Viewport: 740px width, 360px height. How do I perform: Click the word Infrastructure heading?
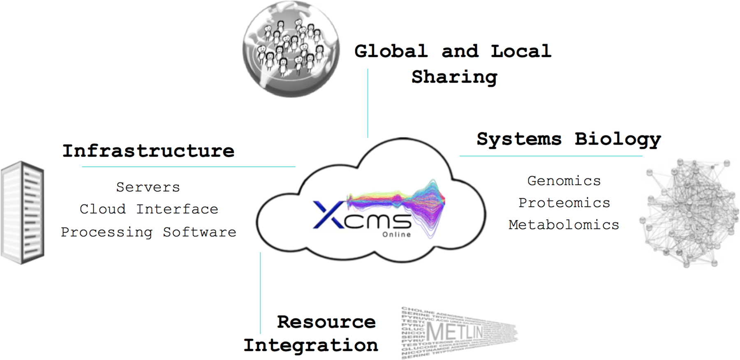(148, 151)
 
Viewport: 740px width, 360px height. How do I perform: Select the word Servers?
(148, 187)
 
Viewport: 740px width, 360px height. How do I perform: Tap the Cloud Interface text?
(149, 209)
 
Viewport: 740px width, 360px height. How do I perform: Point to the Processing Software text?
(148, 232)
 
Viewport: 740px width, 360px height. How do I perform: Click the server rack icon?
(23, 212)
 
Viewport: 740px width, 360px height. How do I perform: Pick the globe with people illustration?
(291, 49)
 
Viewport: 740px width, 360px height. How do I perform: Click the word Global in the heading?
(391, 51)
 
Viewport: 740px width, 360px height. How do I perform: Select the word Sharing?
(454, 77)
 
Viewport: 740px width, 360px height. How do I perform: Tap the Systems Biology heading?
(569, 139)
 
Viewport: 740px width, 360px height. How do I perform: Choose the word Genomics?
(564, 181)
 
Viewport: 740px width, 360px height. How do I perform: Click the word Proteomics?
(564, 203)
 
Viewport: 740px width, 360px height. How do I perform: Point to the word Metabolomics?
(564, 225)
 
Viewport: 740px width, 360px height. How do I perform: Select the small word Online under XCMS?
(396, 235)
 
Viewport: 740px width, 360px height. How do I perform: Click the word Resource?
(326, 322)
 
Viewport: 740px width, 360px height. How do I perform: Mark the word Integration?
(311, 345)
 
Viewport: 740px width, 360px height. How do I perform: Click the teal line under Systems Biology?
(551, 156)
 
